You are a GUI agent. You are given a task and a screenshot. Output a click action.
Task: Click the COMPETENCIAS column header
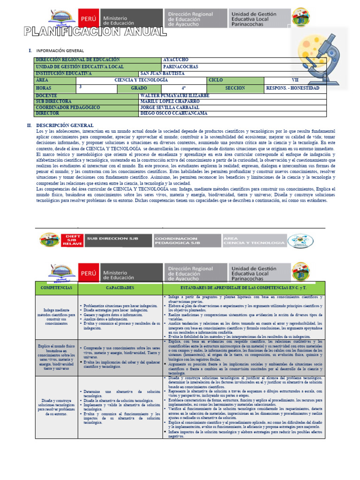pyautogui.click(x=56, y=287)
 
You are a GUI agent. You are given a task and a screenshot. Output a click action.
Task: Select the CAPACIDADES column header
pyautogui.click(x=120, y=287)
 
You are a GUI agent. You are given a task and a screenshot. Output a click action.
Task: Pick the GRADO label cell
pyautogui.click(x=139, y=88)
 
